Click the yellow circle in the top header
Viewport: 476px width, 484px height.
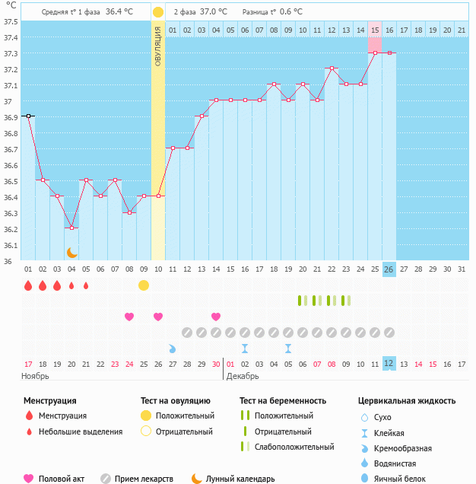[x=157, y=12]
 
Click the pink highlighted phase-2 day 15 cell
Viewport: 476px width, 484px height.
[x=374, y=30]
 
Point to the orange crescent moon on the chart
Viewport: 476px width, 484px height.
[x=71, y=252]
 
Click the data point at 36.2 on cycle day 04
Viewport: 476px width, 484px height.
[x=71, y=228]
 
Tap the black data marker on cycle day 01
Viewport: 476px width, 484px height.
[x=28, y=116]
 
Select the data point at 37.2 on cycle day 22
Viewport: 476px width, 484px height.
[x=331, y=68]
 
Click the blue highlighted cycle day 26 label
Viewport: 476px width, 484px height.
[x=389, y=269]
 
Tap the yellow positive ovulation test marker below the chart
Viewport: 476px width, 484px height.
[x=143, y=285]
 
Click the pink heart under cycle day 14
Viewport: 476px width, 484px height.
[x=216, y=317]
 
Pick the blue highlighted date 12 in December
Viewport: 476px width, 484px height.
[x=389, y=364]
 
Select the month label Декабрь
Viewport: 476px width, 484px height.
[x=242, y=376]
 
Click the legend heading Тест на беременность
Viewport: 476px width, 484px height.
[x=282, y=400]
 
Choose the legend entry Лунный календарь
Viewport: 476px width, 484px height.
[x=239, y=479]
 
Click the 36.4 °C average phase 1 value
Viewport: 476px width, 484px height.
[x=119, y=12]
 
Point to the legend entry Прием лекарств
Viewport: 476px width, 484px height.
[x=143, y=479]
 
